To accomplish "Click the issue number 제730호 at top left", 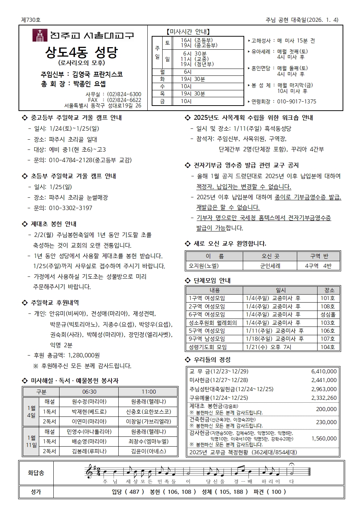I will (x=31, y=20).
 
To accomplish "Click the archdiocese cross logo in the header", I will (x=40, y=35).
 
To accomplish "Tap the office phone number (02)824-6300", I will (x=124, y=94).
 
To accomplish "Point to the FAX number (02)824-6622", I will (x=124, y=100).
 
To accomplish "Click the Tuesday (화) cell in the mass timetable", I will (x=162, y=79).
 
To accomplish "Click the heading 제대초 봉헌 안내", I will (x=53, y=224).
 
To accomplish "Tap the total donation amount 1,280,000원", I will (x=84, y=355).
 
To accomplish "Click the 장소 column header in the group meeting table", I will (x=329, y=290).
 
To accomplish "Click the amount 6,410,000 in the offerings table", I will (x=324, y=371).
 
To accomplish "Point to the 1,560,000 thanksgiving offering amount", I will (x=324, y=438).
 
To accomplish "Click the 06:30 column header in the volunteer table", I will (x=89, y=391).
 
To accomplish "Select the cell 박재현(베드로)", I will (x=89, y=411).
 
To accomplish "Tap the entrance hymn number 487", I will (x=134, y=492).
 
